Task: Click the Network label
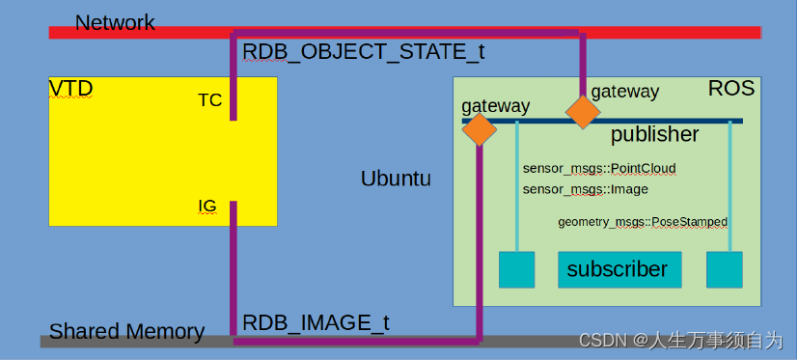coord(114,22)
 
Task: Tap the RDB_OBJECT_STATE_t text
coord(363,52)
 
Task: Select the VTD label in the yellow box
coord(71,90)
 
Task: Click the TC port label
coord(209,100)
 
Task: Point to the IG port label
coord(207,207)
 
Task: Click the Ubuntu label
coord(396,179)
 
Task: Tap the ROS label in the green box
coord(730,89)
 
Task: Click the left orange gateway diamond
coord(480,129)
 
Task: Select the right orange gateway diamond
coord(583,112)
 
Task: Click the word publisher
coord(654,134)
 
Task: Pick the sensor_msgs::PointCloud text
coord(599,169)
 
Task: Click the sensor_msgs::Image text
coord(571,189)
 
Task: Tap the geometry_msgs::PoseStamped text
coord(643,222)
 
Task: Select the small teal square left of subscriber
coord(516,269)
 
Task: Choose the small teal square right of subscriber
coord(724,269)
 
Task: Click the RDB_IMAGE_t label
coord(315,322)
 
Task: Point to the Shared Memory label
coord(126,332)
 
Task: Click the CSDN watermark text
coord(680,340)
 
